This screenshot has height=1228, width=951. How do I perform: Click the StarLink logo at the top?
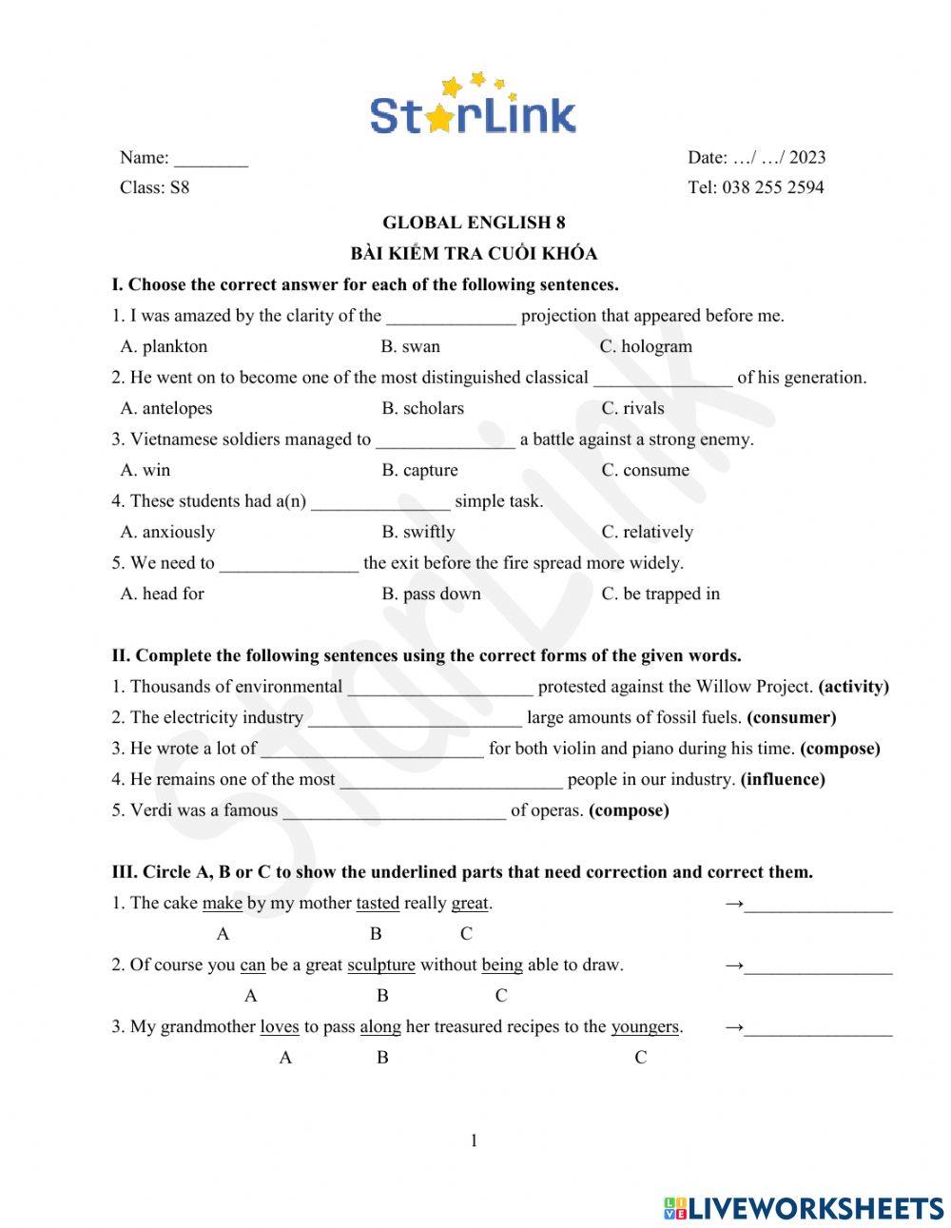coord(473,105)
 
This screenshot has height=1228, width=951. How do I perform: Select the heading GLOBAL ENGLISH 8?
coord(473,223)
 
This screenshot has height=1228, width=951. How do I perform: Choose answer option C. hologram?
coord(646,347)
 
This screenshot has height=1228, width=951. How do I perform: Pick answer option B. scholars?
coord(422,409)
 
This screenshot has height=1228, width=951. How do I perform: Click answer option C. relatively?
coord(647,532)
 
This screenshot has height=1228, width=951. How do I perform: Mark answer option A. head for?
coord(163,594)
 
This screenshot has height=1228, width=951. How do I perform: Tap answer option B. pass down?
coord(431,594)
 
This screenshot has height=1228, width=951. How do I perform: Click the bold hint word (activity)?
coord(853,687)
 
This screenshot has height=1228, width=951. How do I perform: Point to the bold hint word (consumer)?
coord(791,717)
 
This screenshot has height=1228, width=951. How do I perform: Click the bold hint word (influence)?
coord(783,779)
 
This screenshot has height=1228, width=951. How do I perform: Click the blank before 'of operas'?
coord(394,811)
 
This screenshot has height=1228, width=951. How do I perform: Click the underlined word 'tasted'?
coord(378,903)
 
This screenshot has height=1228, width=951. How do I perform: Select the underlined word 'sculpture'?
coord(380,965)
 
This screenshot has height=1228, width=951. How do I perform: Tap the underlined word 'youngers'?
coord(645,1026)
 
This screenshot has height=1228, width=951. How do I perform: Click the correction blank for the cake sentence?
coord(818,905)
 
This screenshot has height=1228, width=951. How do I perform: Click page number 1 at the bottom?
coord(474,1140)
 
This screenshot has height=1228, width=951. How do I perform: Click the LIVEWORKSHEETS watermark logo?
coord(804,1208)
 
